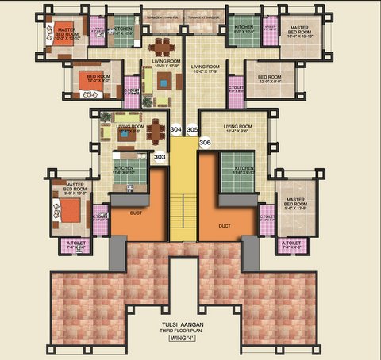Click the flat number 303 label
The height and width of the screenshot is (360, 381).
pos(160,158)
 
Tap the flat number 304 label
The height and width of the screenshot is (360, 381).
pos(175,128)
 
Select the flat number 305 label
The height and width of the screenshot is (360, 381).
pos(191,128)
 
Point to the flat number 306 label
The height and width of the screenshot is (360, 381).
pos(205,143)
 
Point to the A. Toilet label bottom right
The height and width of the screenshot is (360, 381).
pos(292,245)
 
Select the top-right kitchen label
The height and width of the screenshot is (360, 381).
pos(243,30)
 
